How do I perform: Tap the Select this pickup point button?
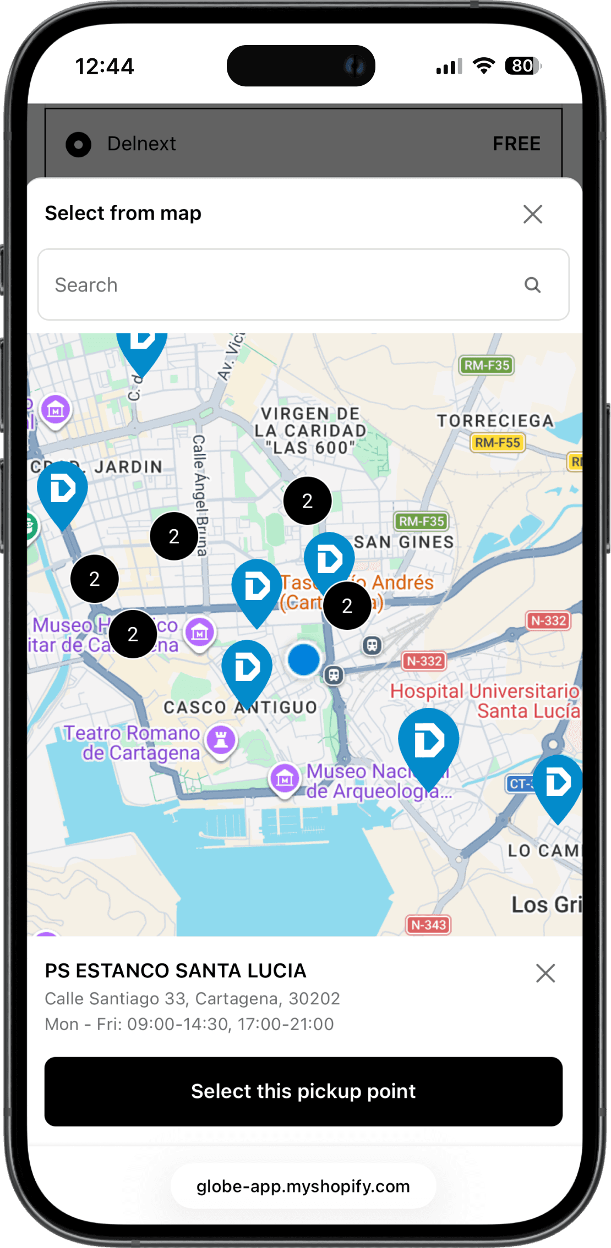tap(303, 1091)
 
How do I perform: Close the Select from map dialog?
tap(532, 214)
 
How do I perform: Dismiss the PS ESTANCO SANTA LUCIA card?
tap(545, 973)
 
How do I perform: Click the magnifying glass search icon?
tap(532, 285)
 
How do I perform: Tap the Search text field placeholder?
tap(87, 285)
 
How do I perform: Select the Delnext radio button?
tap(78, 144)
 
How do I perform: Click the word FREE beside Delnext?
tap(516, 144)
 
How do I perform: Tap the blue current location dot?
tap(303, 659)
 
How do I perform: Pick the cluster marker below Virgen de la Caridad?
tap(307, 501)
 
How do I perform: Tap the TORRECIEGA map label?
tap(495, 421)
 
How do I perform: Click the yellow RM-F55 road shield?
tap(498, 443)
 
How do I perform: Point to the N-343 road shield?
tap(428, 925)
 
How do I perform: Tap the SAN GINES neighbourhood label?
tap(404, 542)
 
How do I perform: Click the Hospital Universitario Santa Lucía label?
tap(484, 701)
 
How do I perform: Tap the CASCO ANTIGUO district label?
tap(240, 707)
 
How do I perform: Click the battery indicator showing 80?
tap(522, 66)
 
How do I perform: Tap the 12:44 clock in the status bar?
tap(105, 67)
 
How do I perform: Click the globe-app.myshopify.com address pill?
tap(303, 1186)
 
